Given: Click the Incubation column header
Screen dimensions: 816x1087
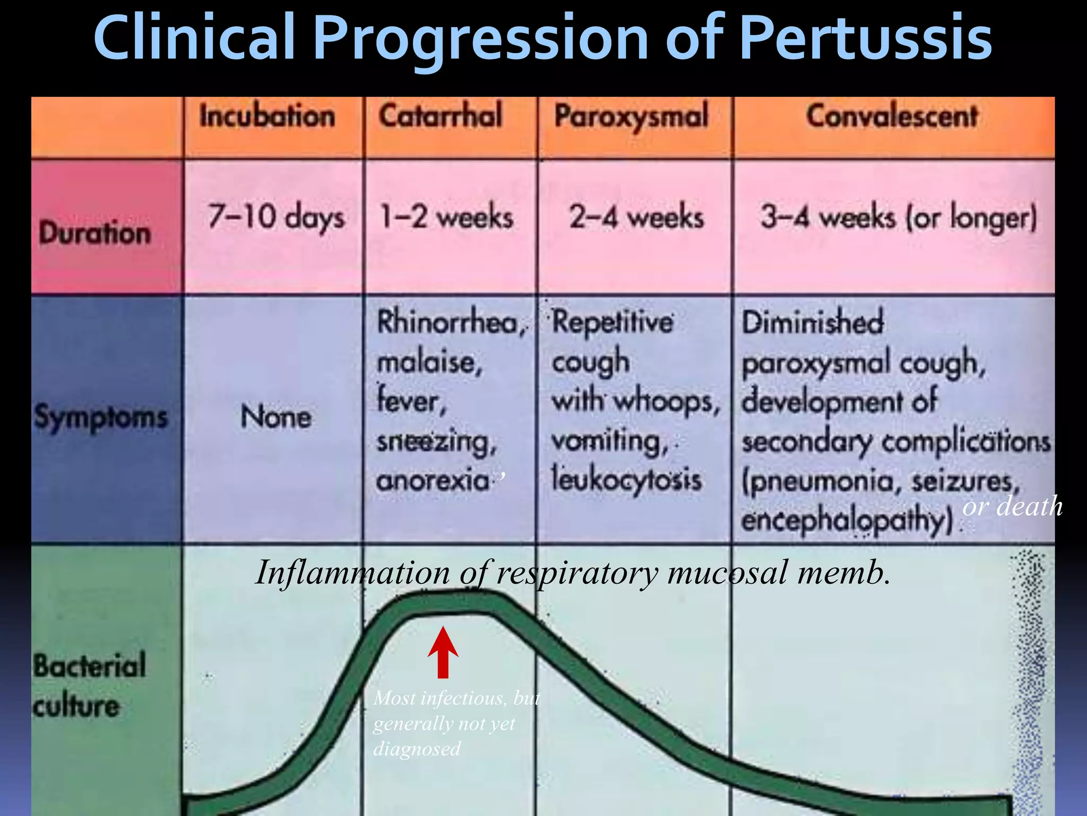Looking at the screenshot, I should pos(267,116).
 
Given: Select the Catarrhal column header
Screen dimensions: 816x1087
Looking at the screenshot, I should pos(440,116).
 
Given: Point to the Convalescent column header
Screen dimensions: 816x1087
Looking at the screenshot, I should pos(892,116).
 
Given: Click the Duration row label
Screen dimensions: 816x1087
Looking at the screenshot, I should pos(95,233).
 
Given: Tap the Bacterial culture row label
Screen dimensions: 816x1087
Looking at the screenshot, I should pos(89,685).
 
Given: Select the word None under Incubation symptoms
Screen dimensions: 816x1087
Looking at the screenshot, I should pos(275,416).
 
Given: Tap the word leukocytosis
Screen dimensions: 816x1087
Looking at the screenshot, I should pos(626,479).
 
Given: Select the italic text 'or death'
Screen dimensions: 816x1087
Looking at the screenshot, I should pos(1012,506).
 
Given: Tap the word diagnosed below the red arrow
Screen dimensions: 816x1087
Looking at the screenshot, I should pos(417,749).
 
